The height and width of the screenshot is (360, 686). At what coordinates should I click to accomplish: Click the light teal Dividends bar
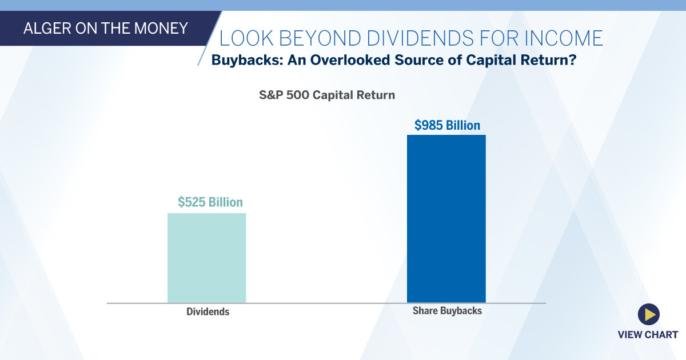tap(206, 258)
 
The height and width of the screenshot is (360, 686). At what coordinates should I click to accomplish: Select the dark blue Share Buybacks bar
tap(446, 218)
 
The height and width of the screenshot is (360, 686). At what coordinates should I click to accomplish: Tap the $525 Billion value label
tap(210, 202)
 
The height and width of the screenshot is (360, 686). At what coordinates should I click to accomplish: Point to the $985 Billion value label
tap(447, 125)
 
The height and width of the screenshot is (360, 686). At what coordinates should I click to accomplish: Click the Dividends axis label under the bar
tap(208, 312)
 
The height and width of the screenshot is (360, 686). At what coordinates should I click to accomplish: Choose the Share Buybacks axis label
tap(447, 311)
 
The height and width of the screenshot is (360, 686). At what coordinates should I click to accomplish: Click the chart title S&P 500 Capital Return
tap(327, 95)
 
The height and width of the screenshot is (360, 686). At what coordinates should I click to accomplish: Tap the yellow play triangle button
tap(649, 314)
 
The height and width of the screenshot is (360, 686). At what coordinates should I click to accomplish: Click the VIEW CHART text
tap(648, 334)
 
